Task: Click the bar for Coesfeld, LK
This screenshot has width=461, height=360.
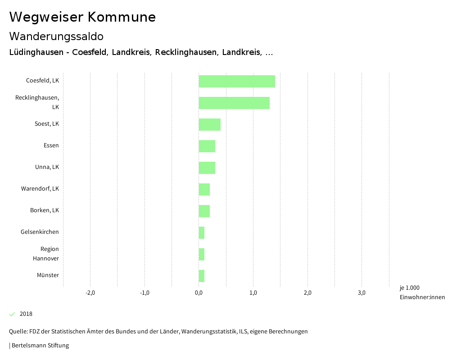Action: (x=237, y=81)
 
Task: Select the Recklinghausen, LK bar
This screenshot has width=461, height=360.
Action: (x=234, y=103)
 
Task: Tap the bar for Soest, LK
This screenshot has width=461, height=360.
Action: (x=210, y=124)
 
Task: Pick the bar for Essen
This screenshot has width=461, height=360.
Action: (x=207, y=146)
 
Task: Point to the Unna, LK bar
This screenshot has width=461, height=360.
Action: (x=207, y=168)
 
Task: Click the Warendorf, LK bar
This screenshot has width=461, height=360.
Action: (x=204, y=189)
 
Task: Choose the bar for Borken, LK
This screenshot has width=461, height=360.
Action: (x=204, y=211)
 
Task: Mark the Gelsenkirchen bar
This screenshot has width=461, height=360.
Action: (x=202, y=232)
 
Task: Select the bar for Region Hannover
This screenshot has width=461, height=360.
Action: (x=202, y=254)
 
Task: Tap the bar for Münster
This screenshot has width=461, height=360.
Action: (x=202, y=276)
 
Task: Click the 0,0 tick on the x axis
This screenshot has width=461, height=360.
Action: (x=199, y=293)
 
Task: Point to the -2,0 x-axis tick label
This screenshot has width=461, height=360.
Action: (x=90, y=293)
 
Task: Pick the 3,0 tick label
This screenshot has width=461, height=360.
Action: (x=362, y=293)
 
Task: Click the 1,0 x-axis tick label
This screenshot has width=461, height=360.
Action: (x=253, y=293)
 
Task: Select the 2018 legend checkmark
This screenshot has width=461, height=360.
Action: (x=12, y=314)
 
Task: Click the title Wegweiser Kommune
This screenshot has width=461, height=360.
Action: (x=82, y=17)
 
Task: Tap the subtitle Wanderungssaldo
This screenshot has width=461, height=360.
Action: (x=56, y=36)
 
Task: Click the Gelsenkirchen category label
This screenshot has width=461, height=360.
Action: (x=40, y=232)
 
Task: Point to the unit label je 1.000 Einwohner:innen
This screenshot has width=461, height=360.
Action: (x=422, y=292)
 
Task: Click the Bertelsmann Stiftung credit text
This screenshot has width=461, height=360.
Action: (x=40, y=346)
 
